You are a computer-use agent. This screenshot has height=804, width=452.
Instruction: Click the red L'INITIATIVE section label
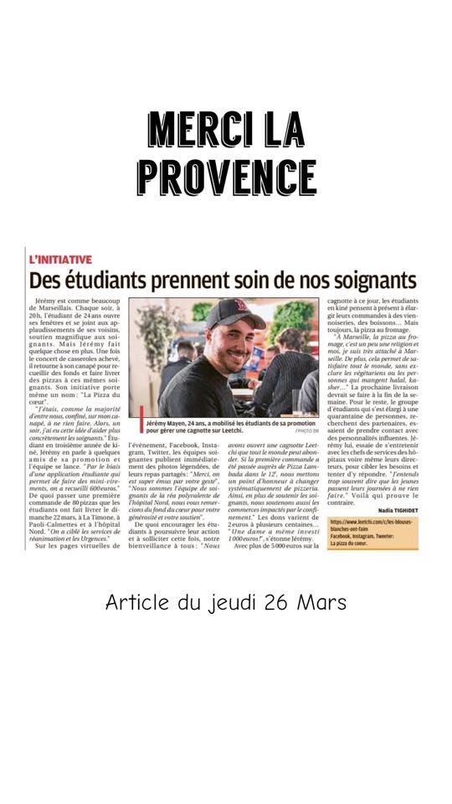pos(60,260)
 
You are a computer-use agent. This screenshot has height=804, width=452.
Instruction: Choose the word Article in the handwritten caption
pos(136,602)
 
